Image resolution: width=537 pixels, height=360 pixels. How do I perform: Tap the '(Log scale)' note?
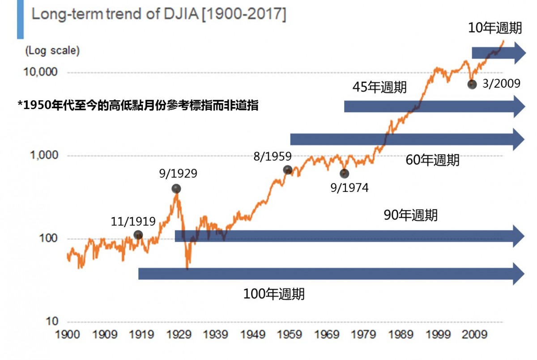pyautogui.click(x=52, y=51)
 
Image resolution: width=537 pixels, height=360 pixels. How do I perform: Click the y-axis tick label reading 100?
pyautogui.click(x=48, y=238)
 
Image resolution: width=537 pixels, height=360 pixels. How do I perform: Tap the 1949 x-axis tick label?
pyautogui.click(x=253, y=335)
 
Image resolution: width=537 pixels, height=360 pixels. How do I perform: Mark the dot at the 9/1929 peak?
pyautogui.click(x=176, y=189)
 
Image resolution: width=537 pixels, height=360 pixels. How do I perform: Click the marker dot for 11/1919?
pyautogui.click(x=138, y=235)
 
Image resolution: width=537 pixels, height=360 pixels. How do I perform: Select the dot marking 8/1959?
pyautogui.click(x=288, y=170)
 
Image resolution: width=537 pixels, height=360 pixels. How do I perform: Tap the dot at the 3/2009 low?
pyautogui.click(x=472, y=84)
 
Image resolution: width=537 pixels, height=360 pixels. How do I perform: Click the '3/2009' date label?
pyautogui.click(x=502, y=84)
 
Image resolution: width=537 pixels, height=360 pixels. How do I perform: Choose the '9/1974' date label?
pyautogui.click(x=349, y=188)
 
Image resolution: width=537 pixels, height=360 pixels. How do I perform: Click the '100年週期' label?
pyautogui.click(x=274, y=294)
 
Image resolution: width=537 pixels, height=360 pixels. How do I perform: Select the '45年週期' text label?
pyautogui.click(x=379, y=87)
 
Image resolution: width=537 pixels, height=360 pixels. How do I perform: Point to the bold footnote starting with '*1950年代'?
pyautogui.click(x=138, y=106)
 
